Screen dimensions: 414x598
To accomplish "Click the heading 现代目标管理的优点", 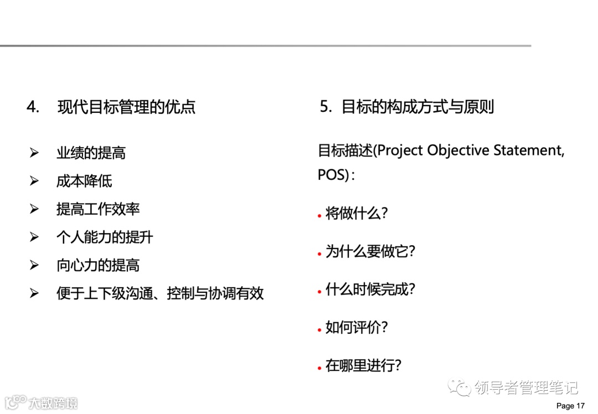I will tap(126, 107).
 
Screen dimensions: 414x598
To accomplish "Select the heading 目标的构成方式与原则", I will tap(417, 107).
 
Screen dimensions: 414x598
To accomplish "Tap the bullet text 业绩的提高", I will tap(91, 153).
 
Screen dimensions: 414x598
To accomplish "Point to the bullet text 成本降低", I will tap(84, 181).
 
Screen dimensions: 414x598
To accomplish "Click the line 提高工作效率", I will tap(98, 209).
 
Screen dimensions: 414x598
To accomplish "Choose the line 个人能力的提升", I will tap(105, 237).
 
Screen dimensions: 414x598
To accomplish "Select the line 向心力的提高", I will tap(98, 266).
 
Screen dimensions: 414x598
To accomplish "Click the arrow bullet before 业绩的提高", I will tap(34, 153).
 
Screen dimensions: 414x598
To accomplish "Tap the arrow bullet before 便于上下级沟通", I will tap(34, 294).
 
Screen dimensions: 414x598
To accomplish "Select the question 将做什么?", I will tap(357, 214).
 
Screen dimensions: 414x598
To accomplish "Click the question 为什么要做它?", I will tap(370, 252).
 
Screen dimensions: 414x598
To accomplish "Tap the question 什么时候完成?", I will tap(370, 289).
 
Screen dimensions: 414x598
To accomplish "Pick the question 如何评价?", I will tap(357, 327).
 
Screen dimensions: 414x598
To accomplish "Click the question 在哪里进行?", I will tap(363, 365).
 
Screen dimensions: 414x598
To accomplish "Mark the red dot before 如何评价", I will tap(319, 329).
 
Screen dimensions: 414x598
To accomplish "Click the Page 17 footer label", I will tap(570, 406).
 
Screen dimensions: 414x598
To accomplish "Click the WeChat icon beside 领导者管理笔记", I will tap(459, 387).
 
